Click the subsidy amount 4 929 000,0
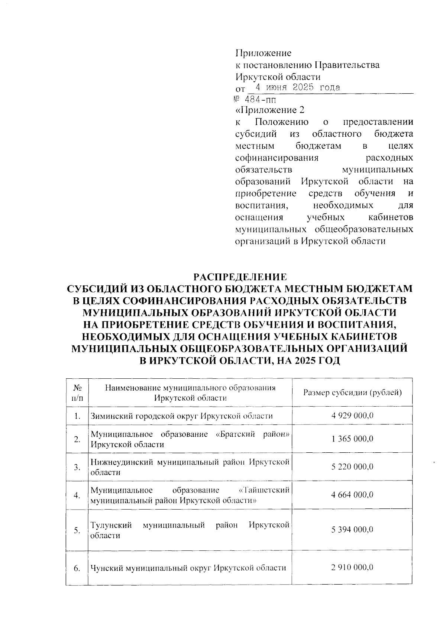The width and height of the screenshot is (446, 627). point(352,416)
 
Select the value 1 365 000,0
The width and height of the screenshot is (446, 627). point(352,439)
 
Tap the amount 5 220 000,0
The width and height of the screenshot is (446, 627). point(352,467)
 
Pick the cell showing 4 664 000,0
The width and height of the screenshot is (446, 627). point(352,495)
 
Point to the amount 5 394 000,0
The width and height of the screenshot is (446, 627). point(352,530)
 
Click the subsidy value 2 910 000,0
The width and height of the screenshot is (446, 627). point(352,568)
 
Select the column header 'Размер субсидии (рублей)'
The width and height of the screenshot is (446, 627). point(352,392)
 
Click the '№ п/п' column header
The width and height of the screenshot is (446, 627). point(77,392)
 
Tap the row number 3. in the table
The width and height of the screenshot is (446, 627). point(77,467)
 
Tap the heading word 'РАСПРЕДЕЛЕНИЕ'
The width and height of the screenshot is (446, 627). point(240,277)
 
